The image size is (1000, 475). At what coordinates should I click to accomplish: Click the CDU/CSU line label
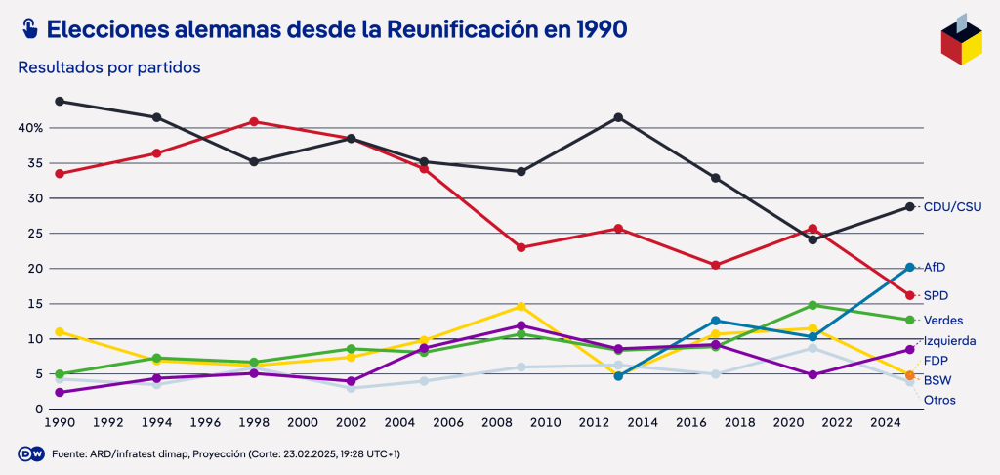[x=952, y=207]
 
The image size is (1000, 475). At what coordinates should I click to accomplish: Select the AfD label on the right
[x=935, y=268]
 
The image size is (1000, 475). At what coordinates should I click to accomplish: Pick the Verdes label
[x=942, y=321]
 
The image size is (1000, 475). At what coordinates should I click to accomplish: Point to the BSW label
[x=937, y=380]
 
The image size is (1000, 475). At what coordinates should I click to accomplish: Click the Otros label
[x=939, y=400]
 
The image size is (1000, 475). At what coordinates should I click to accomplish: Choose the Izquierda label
[x=950, y=341]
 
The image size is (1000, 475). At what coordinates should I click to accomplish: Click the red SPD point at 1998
[x=254, y=122]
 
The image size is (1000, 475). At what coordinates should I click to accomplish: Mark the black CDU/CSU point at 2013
[x=618, y=117]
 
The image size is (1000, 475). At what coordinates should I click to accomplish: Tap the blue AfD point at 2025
[x=910, y=267]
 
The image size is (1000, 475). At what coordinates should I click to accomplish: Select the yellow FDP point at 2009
[x=521, y=307]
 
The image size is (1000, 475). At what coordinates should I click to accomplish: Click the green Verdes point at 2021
[x=812, y=305]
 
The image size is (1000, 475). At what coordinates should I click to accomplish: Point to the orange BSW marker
[x=910, y=375]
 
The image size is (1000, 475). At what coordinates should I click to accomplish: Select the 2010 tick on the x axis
[x=545, y=423]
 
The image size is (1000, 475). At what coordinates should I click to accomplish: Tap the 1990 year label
[x=60, y=423]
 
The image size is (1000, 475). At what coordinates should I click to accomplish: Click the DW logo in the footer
[x=29, y=453]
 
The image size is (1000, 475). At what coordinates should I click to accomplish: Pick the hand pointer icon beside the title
[x=28, y=29]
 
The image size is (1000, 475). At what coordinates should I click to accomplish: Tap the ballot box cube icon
[x=961, y=39]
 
